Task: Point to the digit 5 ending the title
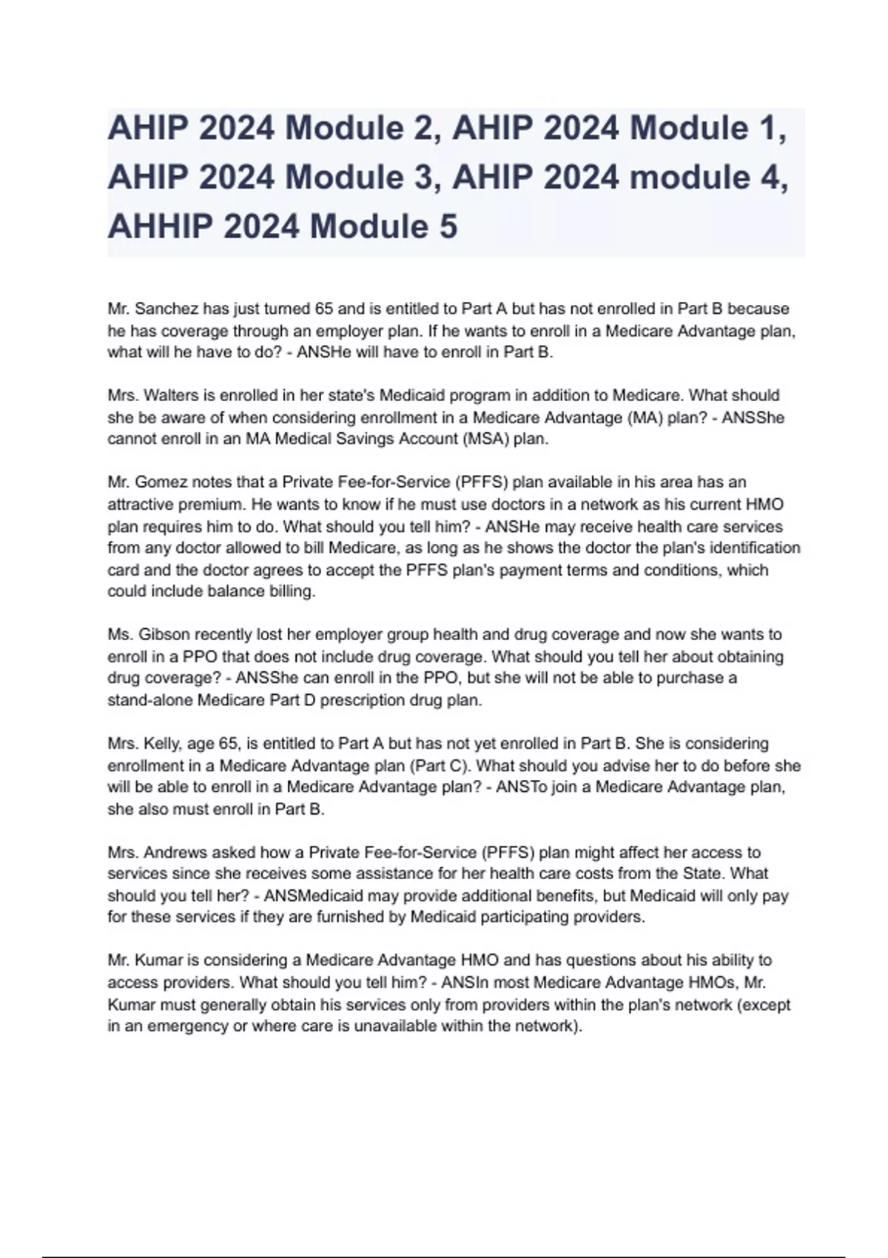point(448,226)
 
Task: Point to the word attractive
point(141,505)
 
